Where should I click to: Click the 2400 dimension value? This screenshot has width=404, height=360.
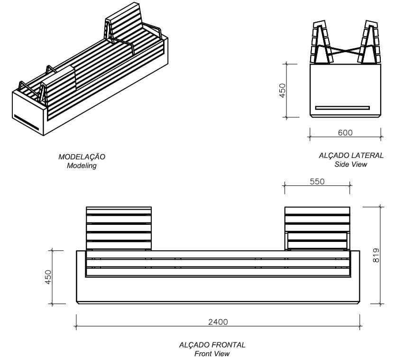click(218, 322)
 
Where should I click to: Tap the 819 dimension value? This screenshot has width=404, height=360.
click(376, 255)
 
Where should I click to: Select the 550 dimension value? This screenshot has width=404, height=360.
click(317, 182)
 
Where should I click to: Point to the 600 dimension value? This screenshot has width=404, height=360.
click(345, 133)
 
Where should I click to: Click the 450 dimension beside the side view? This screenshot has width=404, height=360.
click(282, 90)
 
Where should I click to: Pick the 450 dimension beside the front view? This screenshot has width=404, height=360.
click(48, 277)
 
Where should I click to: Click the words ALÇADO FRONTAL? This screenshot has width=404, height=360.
click(212, 345)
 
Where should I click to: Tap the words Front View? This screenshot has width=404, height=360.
click(212, 354)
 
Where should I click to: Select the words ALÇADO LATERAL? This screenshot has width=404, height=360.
click(351, 156)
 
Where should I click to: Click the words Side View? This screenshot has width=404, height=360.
click(350, 165)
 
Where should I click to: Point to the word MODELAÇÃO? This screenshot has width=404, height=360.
click(82, 157)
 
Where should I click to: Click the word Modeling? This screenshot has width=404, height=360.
click(82, 166)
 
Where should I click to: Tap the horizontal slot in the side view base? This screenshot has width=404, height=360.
click(342, 108)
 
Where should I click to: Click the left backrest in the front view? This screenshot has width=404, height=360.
click(119, 228)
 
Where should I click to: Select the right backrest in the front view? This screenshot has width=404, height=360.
click(317, 228)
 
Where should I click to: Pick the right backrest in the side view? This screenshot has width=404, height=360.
click(369, 43)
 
